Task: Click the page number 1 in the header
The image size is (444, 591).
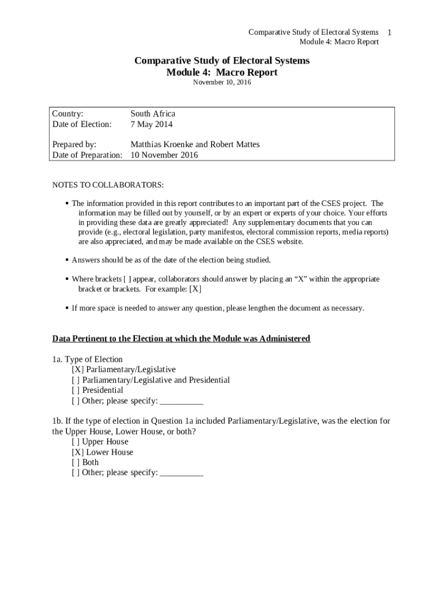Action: tap(390, 32)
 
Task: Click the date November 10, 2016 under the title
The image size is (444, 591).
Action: tap(222, 83)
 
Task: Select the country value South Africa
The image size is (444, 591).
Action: tap(153, 114)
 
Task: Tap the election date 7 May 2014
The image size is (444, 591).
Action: tap(151, 124)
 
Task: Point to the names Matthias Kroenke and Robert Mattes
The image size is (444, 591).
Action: tap(195, 144)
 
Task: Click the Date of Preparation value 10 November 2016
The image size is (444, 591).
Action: tap(164, 155)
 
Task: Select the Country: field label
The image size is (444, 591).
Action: tap(68, 114)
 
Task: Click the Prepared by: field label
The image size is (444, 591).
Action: tap(74, 144)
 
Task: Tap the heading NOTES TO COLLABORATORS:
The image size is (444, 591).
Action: tap(108, 185)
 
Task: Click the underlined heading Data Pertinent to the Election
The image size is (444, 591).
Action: tap(181, 338)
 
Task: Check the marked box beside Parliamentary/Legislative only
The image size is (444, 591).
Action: tap(77, 369)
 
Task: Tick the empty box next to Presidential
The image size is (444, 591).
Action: tap(76, 390)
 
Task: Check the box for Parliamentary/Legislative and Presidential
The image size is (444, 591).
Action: tap(76, 380)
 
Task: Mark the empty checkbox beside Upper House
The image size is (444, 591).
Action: tap(76, 442)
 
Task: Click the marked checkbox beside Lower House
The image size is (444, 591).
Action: tap(77, 452)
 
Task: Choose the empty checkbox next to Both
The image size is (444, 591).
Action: tap(76, 462)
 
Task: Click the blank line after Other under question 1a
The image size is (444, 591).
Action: tap(182, 401)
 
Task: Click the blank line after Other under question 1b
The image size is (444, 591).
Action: tap(182, 473)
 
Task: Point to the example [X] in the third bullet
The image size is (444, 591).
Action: tap(195, 289)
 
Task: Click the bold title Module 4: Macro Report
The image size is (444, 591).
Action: tap(222, 73)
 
